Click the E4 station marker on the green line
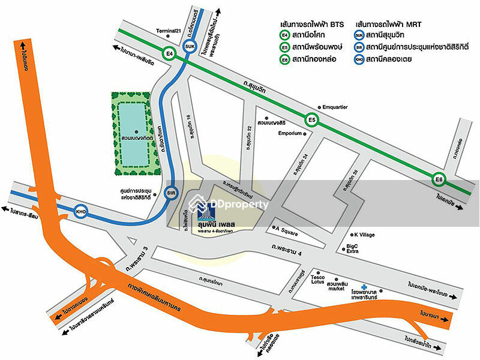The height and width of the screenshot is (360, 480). (170, 53)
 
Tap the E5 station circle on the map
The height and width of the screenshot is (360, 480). (311, 119)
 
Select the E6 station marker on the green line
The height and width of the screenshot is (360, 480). (439, 179)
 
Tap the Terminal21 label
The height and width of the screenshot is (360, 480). (168, 31)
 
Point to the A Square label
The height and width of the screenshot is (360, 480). (287, 228)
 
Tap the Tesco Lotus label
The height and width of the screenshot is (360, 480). (318, 281)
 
